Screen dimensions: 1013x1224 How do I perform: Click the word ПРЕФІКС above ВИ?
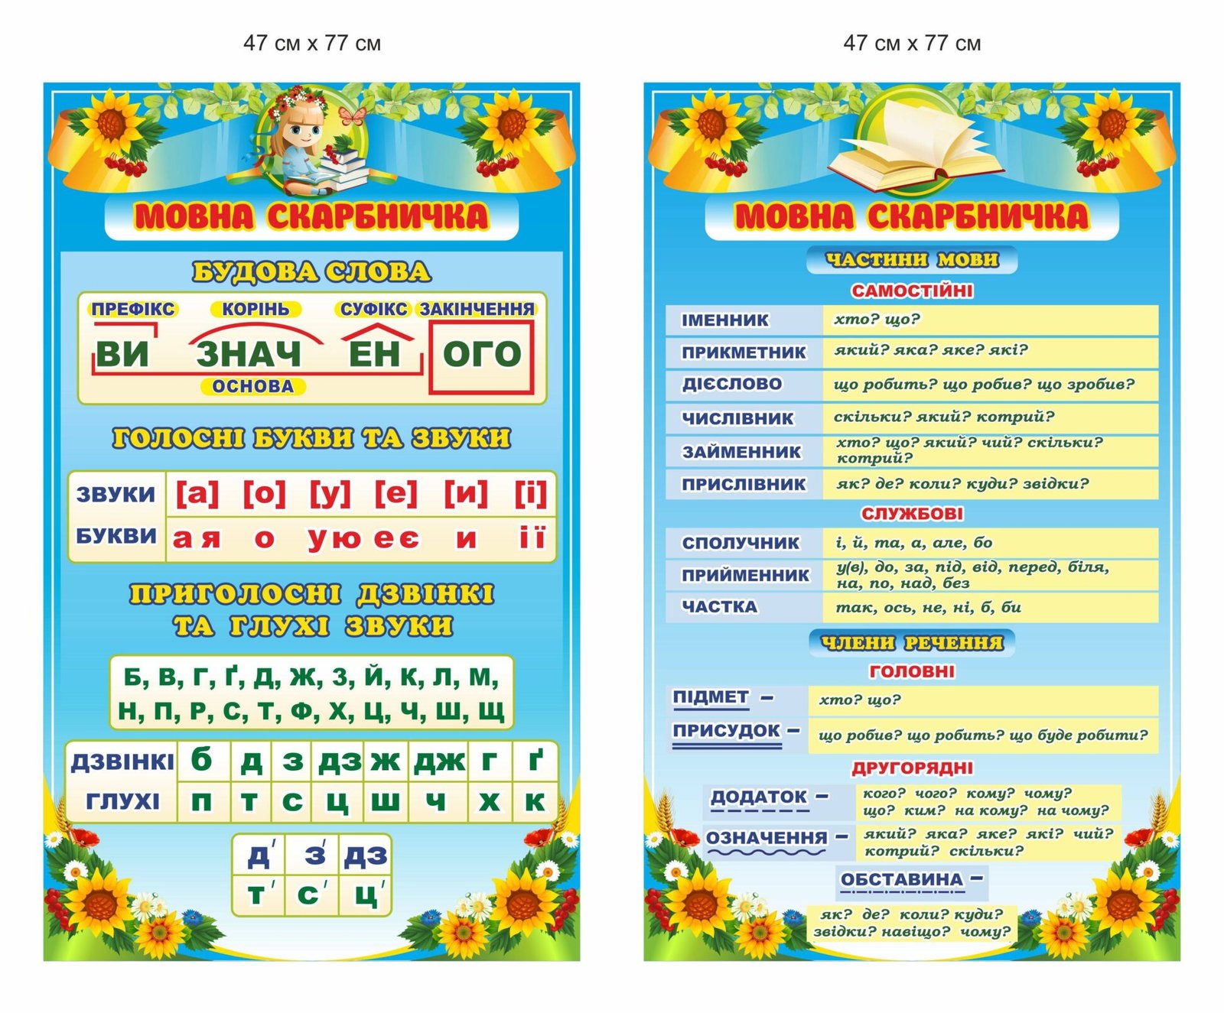pyautogui.click(x=133, y=310)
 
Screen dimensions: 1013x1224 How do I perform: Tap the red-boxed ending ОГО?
pyautogui.click(x=481, y=355)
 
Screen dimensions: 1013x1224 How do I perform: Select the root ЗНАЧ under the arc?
pyautogui.click(x=249, y=355)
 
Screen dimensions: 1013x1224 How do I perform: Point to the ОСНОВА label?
pyautogui.click(x=253, y=387)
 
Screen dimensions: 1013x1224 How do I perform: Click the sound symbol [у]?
pyautogui.click(x=330, y=494)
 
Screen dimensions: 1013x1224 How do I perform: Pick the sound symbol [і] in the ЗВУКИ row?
pyautogui.click(x=530, y=494)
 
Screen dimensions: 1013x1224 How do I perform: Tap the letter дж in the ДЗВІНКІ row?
pyautogui.click(x=439, y=761)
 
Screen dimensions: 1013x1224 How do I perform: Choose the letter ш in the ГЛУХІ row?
pyautogui.click(x=385, y=802)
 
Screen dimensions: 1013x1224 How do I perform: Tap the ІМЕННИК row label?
pyautogui.click(x=724, y=320)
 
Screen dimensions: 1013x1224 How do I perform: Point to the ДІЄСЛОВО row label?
pyautogui.click(x=732, y=385)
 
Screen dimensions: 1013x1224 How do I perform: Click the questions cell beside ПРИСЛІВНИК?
pyautogui.click(x=990, y=484)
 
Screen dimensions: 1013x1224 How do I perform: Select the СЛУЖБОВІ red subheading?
pyautogui.click(x=912, y=514)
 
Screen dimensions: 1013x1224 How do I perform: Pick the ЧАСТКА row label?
pyautogui.click(x=719, y=607)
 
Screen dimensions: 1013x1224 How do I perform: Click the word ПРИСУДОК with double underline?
pyautogui.click(x=726, y=731)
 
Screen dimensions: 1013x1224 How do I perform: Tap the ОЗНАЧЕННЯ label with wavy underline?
pyautogui.click(x=767, y=839)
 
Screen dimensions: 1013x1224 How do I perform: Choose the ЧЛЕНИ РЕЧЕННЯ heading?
pyautogui.click(x=912, y=643)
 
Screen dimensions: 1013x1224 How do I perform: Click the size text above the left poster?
pyautogui.click(x=312, y=44)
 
